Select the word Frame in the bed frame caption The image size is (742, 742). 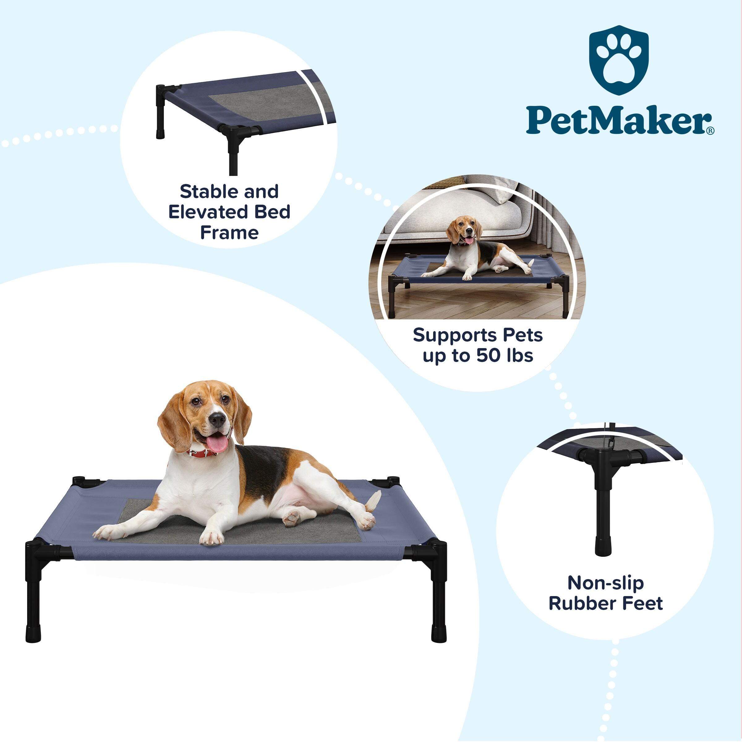(x=229, y=233)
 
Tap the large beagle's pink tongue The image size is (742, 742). (x=217, y=444)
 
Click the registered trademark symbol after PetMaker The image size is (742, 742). (x=710, y=130)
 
